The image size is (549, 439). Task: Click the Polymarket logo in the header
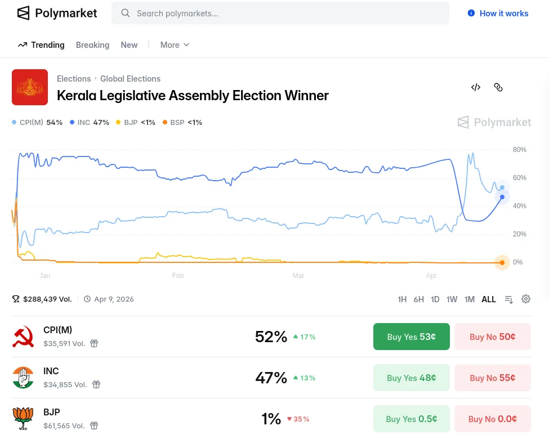(x=57, y=13)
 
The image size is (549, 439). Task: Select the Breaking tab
(x=92, y=45)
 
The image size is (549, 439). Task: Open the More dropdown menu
(x=175, y=45)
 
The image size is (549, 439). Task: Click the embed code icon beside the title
(x=476, y=87)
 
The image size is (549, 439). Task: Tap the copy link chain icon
(x=498, y=87)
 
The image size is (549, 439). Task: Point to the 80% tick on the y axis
(x=519, y=150)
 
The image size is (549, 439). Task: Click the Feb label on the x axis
(x=178, y=276)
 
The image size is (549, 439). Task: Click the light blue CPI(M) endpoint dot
(x=502, y=187)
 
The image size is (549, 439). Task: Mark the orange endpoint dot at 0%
(x=502, y=262)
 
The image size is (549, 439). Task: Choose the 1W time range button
(x=452, y=299)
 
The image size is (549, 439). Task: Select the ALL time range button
(x=489, y=299)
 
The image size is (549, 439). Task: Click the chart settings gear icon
(x=526, y=299)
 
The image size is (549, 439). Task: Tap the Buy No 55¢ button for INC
(x=492, y=378)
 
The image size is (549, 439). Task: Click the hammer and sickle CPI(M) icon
(x=23, y=337)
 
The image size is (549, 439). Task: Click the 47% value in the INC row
(x=271, y=378)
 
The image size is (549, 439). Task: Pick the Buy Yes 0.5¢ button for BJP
(x=411, y=419)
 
